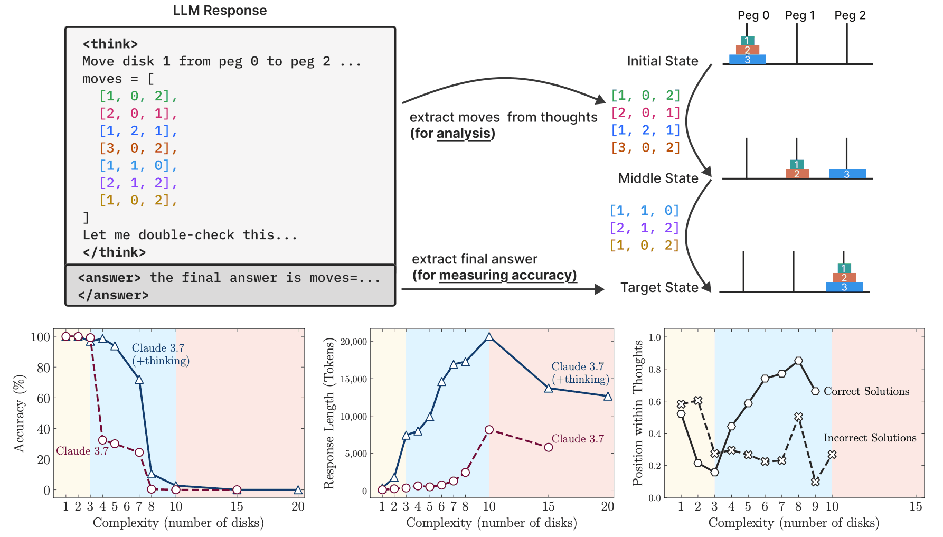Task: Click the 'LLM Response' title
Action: pos(220,11)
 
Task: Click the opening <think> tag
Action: pos(110,44)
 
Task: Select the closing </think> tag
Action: pos(114,252)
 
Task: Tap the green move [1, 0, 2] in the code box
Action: pos(138,96)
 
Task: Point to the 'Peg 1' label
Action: pos(800,15)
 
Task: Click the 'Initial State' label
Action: pos(663,61)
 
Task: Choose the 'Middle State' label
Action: pos(658,178)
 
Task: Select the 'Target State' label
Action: pos(659,288)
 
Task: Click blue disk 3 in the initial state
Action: pos(748,60)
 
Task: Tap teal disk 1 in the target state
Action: pos(844,268)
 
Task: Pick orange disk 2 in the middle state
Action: pos(797,174)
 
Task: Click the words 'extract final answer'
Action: pos(474,259)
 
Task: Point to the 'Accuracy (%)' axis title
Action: pos(20,413)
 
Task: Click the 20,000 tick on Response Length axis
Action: pos(353,342)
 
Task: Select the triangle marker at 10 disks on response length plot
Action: pos(489,336)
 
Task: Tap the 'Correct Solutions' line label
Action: pos(866,391)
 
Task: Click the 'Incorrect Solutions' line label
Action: pos(870,438)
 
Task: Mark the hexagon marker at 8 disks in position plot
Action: pos(798,361)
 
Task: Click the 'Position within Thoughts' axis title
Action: pos(638,413)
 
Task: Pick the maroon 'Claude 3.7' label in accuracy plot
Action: pos(82,451)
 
